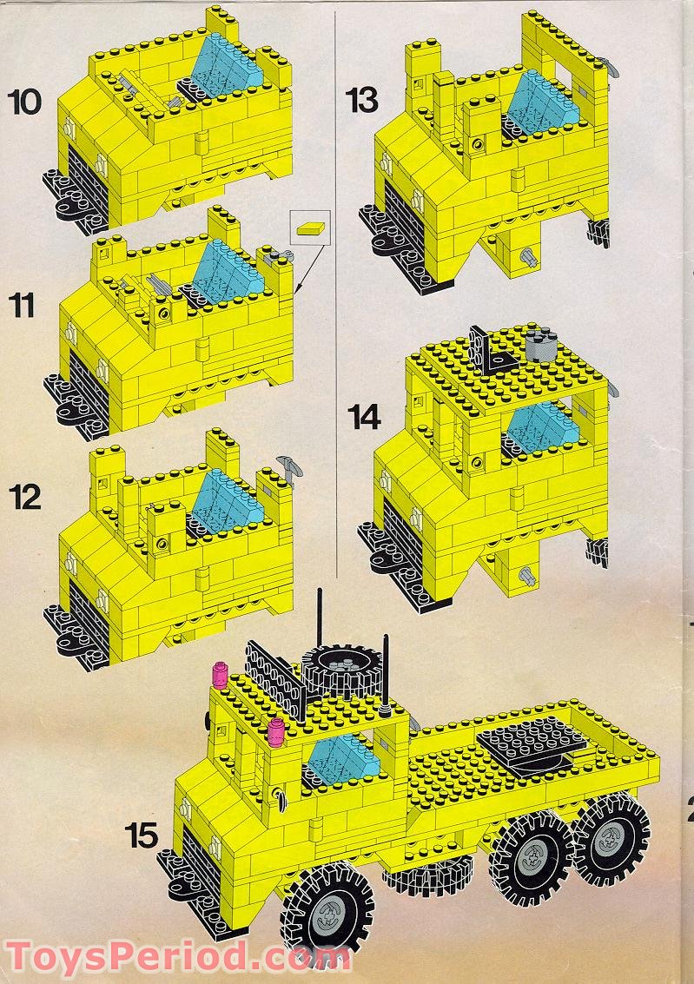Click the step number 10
coord(24,102)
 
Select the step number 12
coord(25,497)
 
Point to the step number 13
coord(361,101)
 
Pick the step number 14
coord(364,417)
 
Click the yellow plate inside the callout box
coord(310,228)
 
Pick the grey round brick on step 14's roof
coord(539,345)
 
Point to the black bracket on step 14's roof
coord(480,349)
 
